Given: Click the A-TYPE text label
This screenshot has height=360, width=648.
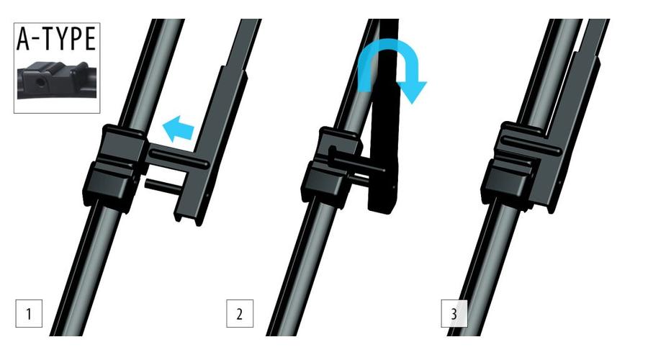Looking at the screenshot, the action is point(56,39).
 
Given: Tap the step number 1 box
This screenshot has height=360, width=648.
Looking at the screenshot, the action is point(29,314).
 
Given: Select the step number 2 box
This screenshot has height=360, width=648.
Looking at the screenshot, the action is point(240,314).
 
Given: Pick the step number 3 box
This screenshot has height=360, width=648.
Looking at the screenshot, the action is point(454,314).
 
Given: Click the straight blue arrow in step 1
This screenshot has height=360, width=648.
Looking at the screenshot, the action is point(178,129).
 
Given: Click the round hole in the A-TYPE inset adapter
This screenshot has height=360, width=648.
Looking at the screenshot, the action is point(40,82).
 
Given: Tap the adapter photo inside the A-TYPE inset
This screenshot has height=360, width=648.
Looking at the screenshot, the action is point(57,81).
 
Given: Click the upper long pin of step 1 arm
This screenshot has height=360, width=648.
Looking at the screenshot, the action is point(179,159).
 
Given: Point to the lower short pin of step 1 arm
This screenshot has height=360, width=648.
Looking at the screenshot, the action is point(162,185).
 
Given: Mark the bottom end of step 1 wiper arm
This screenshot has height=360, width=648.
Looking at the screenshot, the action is point(189,218).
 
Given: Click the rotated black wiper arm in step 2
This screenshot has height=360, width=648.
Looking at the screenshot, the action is point(384,116).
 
